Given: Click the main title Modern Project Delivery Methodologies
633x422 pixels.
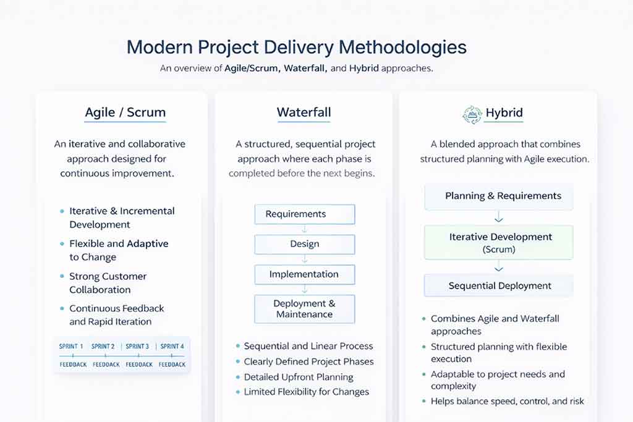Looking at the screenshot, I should coord(297,48).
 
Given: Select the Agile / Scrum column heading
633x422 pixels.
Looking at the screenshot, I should coord(125,112).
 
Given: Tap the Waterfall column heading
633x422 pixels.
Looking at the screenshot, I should coord(304,112).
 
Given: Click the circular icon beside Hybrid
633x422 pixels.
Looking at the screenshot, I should coord(472,114).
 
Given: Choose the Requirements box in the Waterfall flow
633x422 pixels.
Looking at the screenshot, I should coord(305,214).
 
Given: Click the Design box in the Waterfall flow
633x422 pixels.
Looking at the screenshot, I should coord(305,244).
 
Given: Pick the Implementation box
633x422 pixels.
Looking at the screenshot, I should coord(305,274).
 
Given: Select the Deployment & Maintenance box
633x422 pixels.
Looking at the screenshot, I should coord(305,309).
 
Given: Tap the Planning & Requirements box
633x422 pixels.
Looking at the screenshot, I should coord(499,196).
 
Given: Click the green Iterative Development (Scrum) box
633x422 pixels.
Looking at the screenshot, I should coord(499,243).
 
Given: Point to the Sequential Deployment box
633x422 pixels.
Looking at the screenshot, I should coord(499,286).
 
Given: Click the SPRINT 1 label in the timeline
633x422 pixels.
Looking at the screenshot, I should coord(71,347).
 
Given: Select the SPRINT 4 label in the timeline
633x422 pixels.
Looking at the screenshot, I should coord(172,347).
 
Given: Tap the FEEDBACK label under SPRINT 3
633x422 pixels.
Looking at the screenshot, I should coord(138,365).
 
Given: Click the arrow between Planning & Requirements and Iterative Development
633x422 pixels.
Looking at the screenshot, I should coord(499,218).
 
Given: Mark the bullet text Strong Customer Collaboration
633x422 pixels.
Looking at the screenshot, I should coord(108,283).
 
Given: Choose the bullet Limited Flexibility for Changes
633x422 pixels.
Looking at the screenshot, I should coord(306,392).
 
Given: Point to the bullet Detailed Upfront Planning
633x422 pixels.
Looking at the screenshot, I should coord(299,377).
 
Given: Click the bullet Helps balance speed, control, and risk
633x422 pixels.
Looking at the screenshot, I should coord(507,402).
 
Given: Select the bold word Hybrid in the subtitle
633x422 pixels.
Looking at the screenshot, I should coord(363,69).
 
